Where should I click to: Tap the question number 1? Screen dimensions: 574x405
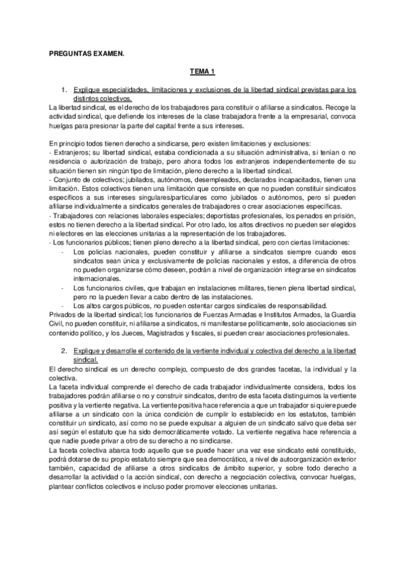coord(63,89)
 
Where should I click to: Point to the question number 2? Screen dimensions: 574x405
coord(63,353)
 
